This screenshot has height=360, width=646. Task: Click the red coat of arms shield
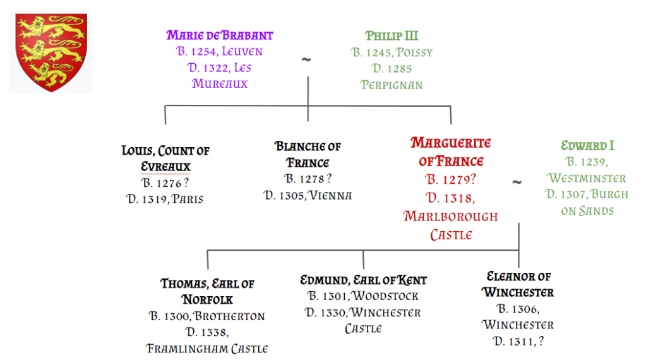pos(51,52)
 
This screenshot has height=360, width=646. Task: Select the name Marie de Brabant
pos(220,35)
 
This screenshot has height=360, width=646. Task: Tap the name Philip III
pos(392,36)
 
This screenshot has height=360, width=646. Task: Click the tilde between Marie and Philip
pos(306,60)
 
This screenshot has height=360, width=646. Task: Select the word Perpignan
pos(392,85)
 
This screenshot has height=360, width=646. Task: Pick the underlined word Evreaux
pos(165,167)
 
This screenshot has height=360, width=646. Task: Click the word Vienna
pos(330,195)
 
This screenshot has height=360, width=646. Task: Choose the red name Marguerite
pos(451,143)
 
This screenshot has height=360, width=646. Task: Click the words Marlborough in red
pos(451,216)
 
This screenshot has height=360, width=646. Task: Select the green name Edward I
pos(587,145)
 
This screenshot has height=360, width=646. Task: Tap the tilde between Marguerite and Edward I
pos(517,182)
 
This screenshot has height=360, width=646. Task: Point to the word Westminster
pos(586,178)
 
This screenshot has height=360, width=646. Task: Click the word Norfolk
pos(207,300)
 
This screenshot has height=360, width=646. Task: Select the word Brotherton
pos(230,316)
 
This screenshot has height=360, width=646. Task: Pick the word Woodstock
pos(386,296)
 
